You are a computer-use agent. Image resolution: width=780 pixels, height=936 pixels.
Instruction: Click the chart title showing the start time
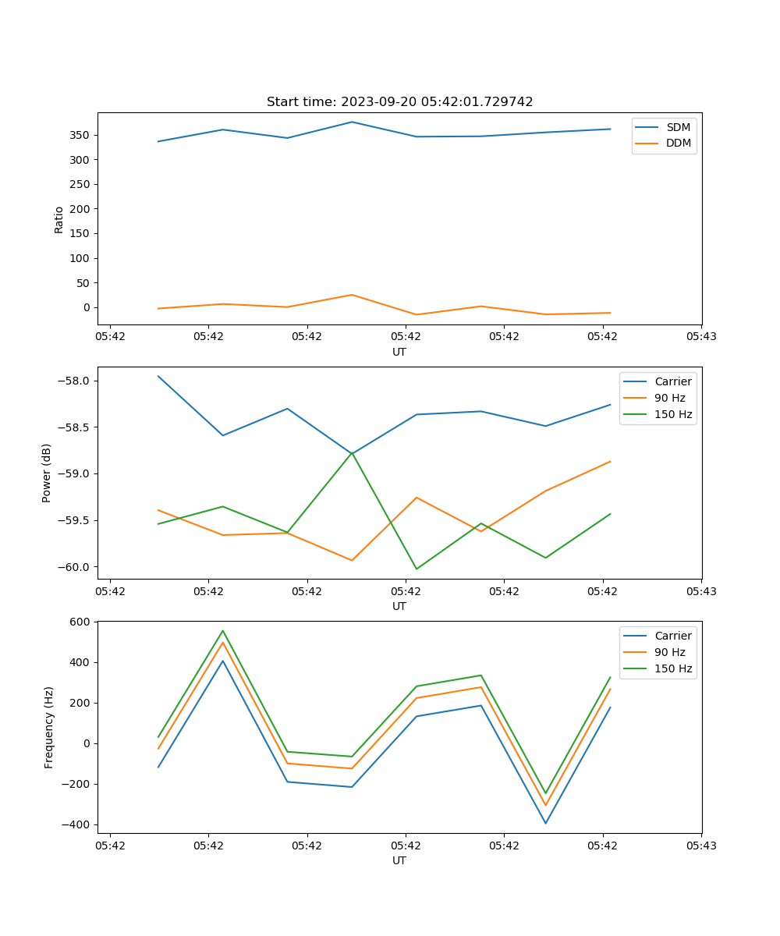coord(399,102)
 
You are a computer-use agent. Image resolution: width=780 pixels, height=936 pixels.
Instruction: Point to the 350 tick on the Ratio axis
coord(80,135)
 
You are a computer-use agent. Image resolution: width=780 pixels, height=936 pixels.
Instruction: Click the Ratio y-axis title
coord(59,219)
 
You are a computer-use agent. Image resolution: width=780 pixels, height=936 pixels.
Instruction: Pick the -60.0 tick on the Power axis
coord(76,567)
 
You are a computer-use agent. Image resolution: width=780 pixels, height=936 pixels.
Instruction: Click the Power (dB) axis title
coord(47,473)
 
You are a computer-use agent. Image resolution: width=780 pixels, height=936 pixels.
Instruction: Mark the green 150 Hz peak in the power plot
coord(352,452)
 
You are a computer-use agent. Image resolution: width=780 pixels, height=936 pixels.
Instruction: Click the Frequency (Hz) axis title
coord(49,727)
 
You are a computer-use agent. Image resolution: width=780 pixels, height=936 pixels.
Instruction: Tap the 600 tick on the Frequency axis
coord(82,622)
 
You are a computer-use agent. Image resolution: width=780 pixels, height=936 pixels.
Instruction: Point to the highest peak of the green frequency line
coord(223,630)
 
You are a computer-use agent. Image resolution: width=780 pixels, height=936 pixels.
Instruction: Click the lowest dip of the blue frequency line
coord(545,823)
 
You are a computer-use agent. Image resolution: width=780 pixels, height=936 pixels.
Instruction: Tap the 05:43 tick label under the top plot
coord(700,338)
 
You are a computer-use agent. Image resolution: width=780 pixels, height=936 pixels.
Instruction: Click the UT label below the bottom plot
coord(399,860)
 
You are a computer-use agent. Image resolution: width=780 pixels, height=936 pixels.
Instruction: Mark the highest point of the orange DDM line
coord(352,295)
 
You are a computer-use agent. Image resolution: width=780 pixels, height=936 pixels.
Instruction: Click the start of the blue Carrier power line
coord(158,376)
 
